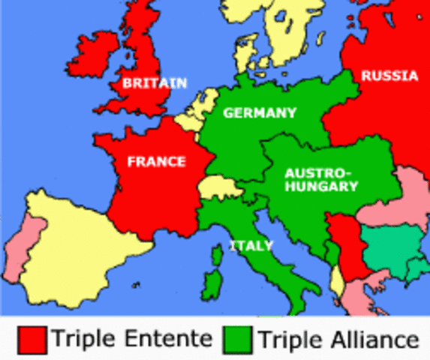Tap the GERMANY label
(x=260, y=113)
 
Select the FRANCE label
(x=156, y=160)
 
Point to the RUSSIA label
(x=389, y=76)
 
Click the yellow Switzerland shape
(x=221, y=187)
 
